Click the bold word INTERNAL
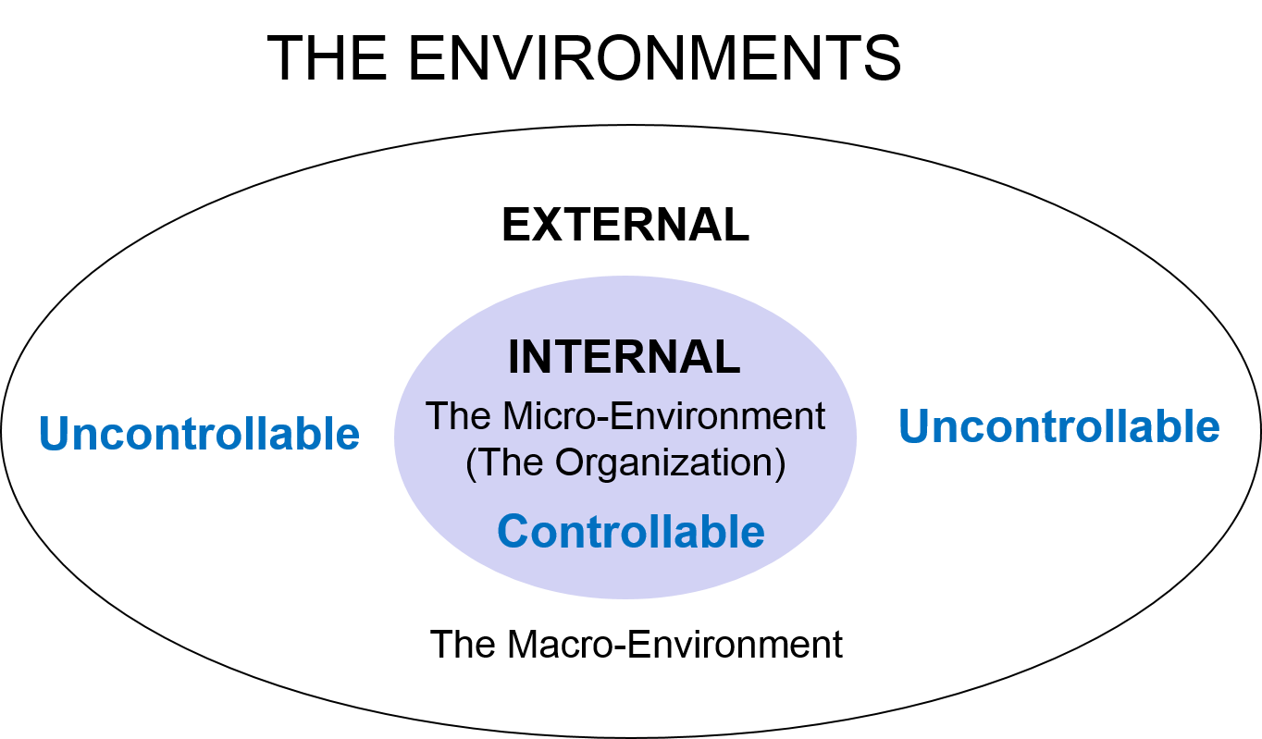coord(625,358)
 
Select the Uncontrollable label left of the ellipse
coord(199,433)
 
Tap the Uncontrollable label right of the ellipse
coord(1059,426)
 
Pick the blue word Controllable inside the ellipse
coord(631,532)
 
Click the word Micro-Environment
coord(663,416)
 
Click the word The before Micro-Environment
coord(460,416)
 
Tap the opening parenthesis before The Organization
coord(471,463)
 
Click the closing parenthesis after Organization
coord(780,463)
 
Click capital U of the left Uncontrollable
coord(55,433)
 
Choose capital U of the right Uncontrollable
coord(915,426)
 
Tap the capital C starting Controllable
coord(514,532)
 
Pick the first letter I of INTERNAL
coord(514,358)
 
